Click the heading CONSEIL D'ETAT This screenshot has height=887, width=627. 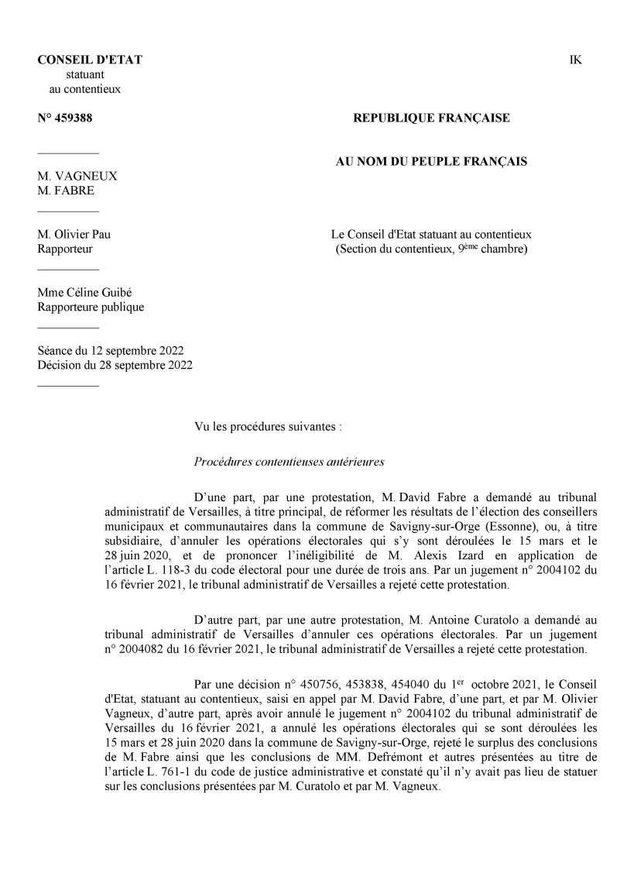coord(90,60)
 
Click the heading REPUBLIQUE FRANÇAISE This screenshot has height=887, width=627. coord(431,118)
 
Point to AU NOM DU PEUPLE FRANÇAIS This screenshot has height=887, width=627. coord(431,161)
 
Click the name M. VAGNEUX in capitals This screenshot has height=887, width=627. coord(77,176)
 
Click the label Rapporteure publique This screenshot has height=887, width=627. coord(91,307)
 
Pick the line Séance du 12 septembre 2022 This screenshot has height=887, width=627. coord(110,350)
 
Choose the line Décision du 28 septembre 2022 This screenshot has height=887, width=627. coord(115,365)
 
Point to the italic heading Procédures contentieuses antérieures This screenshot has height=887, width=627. coord(289,462)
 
